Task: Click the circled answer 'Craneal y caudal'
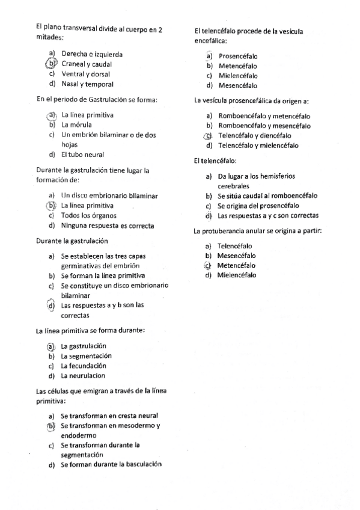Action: pyautogui.click(x=87, y=64)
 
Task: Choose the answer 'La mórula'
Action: pyautogui.click(x=76, y=124)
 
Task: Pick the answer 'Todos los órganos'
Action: pyautogui.click(x=89, y=215)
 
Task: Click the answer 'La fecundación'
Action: pyautogui.click(x=84, y=366)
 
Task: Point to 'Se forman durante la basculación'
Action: pyautogui.click(x=112, y=464)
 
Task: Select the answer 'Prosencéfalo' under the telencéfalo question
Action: pyautogui.click(x=237, y=56)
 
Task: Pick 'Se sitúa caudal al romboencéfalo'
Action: pyautogui.click(x=267, y=195)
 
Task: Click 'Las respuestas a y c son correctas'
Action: pyautogui.click(x=268, y=215)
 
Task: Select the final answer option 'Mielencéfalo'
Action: pyautogui.click(x=236, y=275)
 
